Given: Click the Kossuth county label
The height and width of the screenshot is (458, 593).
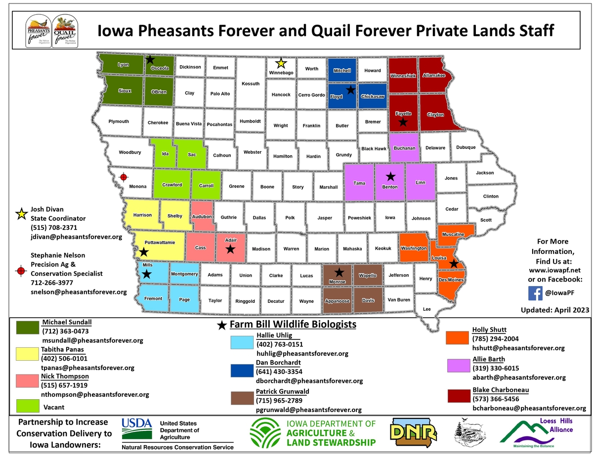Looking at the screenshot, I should (251, 83).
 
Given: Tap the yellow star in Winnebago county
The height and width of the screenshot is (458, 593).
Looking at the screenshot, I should (281, 63).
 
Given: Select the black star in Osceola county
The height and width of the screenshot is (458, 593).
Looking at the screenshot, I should (150, 59).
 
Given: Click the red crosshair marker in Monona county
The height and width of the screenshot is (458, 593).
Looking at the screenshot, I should (124, 177).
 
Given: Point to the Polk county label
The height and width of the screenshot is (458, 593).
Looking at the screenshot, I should (290, 217).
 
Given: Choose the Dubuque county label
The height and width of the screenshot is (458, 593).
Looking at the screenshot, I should (466, 147).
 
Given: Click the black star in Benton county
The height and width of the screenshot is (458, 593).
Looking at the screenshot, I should (390, 176).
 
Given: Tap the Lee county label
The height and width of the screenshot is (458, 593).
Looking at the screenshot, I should (426, 309).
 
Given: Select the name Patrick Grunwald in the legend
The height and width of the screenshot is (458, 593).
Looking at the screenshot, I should (282, 391).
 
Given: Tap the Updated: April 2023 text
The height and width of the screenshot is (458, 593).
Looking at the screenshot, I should (555, 310).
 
